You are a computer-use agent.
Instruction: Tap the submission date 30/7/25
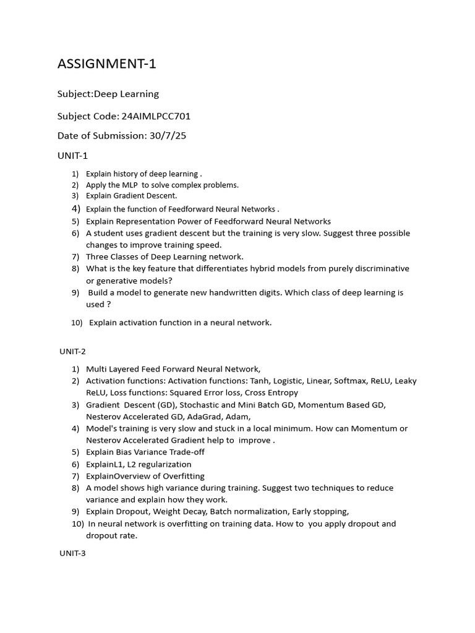click(168, 136)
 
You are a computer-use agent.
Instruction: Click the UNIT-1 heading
click(73, 156)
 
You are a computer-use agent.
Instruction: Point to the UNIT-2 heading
click(72, 351)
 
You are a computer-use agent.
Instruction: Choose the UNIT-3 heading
click(72, 553)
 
